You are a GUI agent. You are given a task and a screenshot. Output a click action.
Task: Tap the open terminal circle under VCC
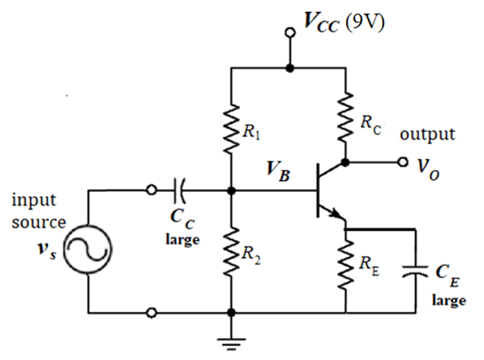[x=290, y=33]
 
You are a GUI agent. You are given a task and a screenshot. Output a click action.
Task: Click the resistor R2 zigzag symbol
[x=231, y=253]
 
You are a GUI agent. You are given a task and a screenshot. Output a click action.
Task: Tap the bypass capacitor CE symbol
[x=414, y=272]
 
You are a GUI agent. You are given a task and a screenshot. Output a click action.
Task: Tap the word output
[x=427, y=134]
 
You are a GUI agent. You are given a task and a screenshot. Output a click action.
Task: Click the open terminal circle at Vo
[x=403, y=162]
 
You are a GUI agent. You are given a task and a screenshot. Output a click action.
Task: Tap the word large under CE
[x=448, y=300]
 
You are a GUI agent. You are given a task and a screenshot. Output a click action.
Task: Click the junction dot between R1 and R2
[x=231, y=190]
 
